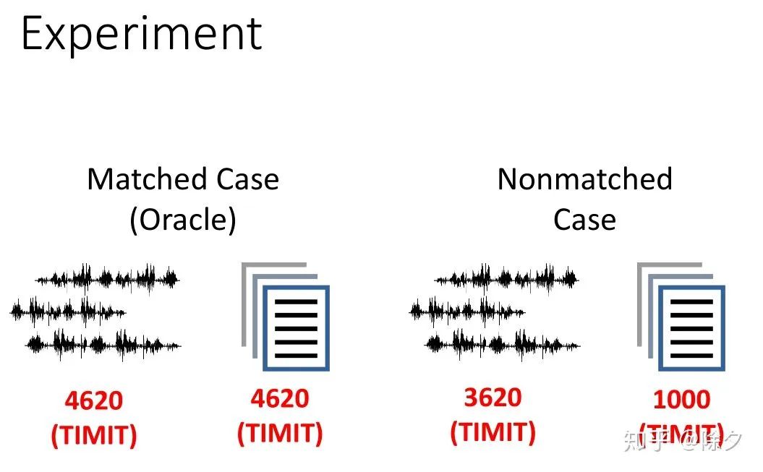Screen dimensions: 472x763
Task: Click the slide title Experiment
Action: [x=141, y=34]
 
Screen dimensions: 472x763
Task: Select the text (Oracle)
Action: [x=183, y=220]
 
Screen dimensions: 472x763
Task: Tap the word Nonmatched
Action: [x=584, y=179]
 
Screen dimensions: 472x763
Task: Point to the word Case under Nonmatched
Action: [x=584, y=220]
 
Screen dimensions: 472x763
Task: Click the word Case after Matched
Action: [x=243, y=179]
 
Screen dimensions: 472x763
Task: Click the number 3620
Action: [x=493, y=398]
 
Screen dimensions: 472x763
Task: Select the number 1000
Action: [x=681, y=400]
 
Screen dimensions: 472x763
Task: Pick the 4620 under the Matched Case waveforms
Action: [x=93, y=400]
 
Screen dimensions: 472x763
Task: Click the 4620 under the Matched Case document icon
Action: [x=280, y=398]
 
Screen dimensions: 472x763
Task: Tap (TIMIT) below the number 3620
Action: [x=493, y=432]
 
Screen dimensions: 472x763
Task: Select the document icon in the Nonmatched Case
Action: [x=683, y=318]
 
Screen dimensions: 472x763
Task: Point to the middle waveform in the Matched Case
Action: [x=69, y=312]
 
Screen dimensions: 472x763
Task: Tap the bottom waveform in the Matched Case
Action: [x=103, y=343]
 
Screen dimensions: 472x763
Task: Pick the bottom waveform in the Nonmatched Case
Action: [x=503, y=343]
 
